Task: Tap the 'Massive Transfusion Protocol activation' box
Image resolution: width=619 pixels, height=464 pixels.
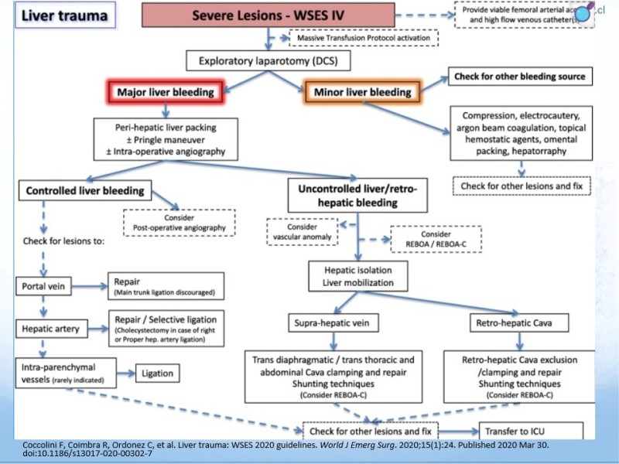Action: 361,36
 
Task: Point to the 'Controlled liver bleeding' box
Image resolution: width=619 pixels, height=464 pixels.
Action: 85,191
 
